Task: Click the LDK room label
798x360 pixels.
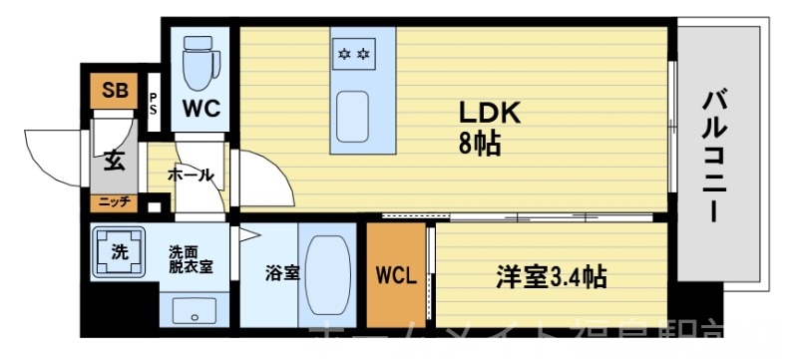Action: pos(490,115)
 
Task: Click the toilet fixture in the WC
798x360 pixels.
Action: pos(200,59)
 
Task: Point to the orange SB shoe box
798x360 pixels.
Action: pos(115,92)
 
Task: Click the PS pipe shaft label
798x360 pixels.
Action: pos(153,104)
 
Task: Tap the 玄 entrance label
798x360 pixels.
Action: pos(112,159)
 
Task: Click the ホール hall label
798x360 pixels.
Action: pos(190,176)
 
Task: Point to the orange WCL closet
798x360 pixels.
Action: pos(396,275)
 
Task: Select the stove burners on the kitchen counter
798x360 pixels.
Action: pos(353,52)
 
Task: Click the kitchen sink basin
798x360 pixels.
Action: pos(354,117)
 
